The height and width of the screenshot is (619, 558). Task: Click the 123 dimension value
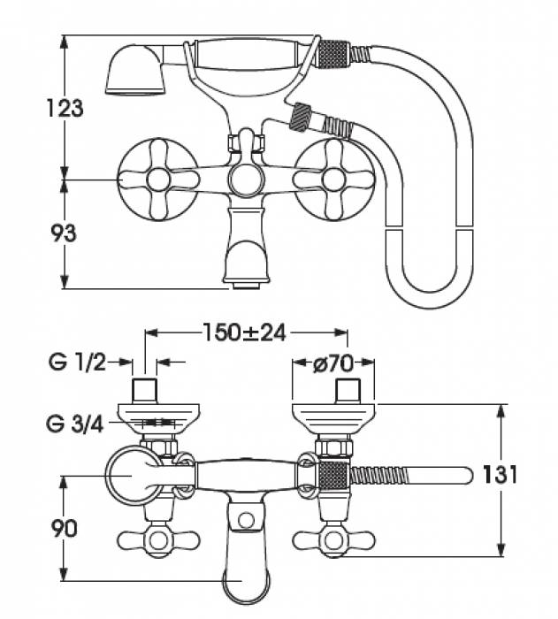click(x=66, y=109)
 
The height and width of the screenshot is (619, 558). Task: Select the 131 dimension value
click(x=501, y=475)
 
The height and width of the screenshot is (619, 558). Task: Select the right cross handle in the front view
click(x=333, y=180)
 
